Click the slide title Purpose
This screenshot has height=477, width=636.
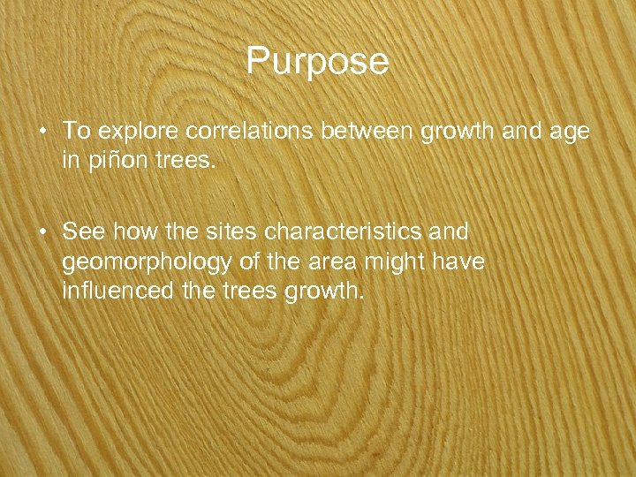point(317,61)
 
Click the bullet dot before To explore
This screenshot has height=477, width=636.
point(42,132)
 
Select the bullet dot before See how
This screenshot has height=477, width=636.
point(42,232)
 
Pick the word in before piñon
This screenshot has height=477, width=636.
point(70,163)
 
